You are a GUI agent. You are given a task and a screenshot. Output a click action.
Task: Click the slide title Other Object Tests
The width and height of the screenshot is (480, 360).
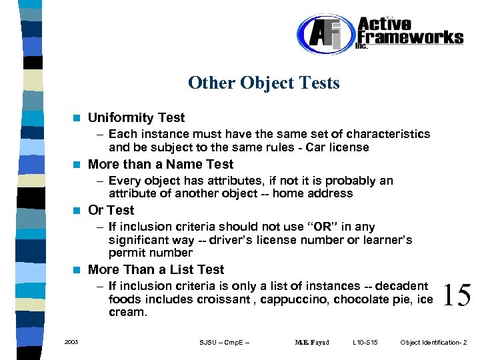263,83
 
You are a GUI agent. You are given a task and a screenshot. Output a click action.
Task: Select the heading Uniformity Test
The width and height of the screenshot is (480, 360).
136,118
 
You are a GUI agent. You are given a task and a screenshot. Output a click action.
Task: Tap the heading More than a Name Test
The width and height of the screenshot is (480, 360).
161,164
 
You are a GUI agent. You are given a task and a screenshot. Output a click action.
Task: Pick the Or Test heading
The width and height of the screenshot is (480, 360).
111,210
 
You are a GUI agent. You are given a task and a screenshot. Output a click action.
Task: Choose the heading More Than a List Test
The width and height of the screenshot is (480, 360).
156,269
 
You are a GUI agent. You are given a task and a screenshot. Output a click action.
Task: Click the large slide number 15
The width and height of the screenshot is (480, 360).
457,295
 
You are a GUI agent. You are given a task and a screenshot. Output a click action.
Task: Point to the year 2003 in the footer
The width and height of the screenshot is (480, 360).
71,342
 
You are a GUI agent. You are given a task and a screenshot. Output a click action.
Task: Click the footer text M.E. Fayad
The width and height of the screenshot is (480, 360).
312,343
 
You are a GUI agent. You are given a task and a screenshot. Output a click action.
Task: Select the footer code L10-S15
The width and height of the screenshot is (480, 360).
365,343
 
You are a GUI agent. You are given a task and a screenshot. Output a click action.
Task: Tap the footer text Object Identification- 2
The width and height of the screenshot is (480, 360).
433,343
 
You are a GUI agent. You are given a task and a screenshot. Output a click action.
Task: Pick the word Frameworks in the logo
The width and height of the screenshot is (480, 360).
410,37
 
